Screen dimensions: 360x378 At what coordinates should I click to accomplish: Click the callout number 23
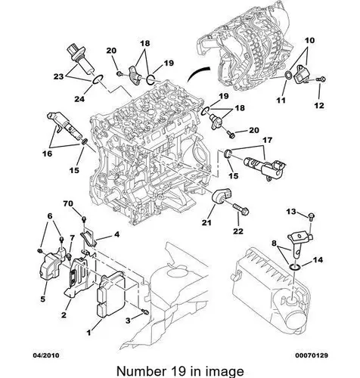pyautogui.click(x=58, y=76)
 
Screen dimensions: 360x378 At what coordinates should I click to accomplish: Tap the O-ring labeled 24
pyautogui.click(x=97, y=80)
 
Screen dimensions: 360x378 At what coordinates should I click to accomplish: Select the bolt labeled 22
pyautogui.click(x=241, y=209)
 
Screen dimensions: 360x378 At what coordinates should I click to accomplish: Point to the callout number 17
pyautogui.click(x=268, y=140)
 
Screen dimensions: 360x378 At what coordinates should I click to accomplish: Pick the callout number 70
pyautogui.click(x=68, y=203)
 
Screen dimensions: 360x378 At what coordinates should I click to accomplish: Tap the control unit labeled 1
pyautogui.click(x=111, y=293)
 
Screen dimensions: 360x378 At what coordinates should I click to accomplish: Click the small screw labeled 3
pyautogui.click(x=144, y=311)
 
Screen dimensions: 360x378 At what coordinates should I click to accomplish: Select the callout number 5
pyautogui.click(x=42, y=299)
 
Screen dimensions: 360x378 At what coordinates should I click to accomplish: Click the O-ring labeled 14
pyautogui.click(x=294, y=268)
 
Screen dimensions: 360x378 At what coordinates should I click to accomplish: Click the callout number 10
pyautogui.click(x=310, y=40)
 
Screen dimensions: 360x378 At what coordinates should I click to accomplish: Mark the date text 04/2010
pyautogui.click(x=46, y=355)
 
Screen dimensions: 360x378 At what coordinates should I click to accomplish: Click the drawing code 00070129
pyautogui.click(x=312, y=355)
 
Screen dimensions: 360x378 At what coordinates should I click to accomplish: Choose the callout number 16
pyautogui.click(x=47, y=153)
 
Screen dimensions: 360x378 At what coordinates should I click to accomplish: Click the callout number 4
pyautogui.click(x=116, y=234)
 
